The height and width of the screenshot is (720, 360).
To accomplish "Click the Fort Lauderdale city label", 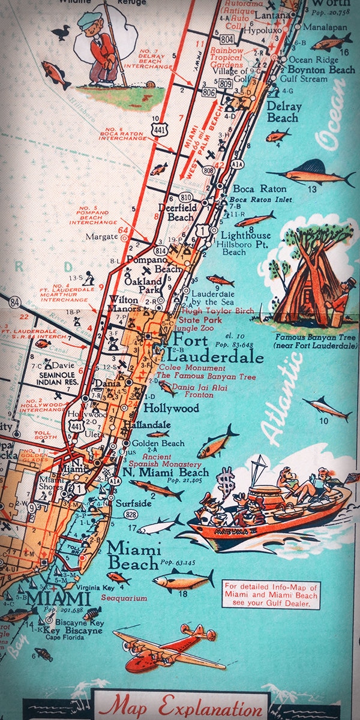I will (x=217, y=349).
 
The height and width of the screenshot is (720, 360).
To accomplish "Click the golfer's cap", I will (x=89, y=20).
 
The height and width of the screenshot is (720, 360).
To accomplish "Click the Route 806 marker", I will (x=208, y=94).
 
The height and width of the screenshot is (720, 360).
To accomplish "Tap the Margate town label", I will (x=101, y=236).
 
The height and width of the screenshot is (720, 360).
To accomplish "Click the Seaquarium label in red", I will (x=124, y=599).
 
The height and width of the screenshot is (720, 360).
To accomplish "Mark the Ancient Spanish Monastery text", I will (x=165, y=461).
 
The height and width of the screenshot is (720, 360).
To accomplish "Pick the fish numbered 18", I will (x=184, y=579).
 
